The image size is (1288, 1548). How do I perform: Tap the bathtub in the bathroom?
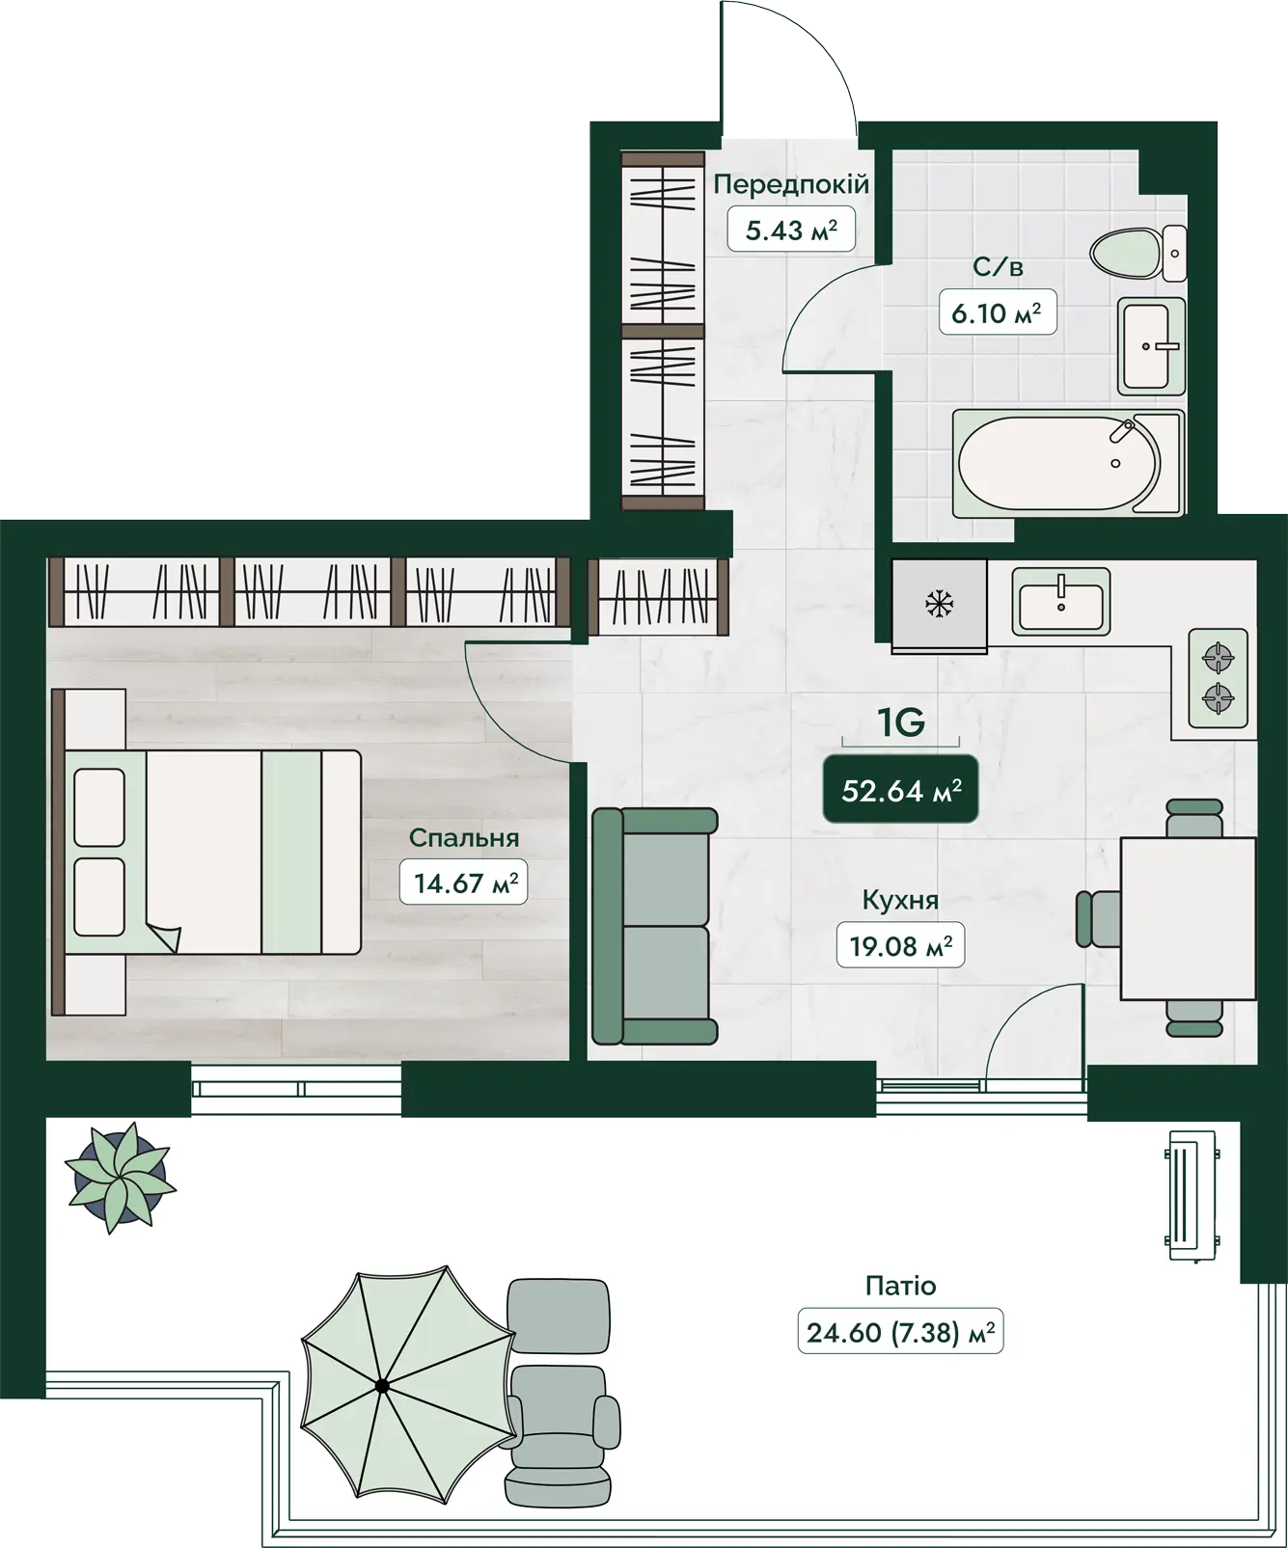(1068, 463)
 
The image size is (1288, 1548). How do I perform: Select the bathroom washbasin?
(1151, 345)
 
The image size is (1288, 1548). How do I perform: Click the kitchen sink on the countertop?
(1061, 600)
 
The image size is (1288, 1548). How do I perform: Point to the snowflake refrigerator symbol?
(939, 605)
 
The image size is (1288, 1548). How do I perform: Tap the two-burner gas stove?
(1218, 678)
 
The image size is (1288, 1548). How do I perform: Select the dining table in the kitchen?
(1188, 918)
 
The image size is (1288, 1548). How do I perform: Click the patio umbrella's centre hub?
(382, 1386)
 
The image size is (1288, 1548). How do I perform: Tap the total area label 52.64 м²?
(901, 791)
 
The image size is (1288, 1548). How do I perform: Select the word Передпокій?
(791, 183)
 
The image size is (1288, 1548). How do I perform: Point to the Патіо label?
(900, 1286)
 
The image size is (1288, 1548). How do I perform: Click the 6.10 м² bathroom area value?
(997, 312)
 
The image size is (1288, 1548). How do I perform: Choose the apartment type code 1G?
(901, 721)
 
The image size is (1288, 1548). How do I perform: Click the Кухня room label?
(900, 900)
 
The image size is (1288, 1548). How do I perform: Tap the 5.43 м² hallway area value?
(791, 230)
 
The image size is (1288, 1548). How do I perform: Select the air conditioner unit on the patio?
(1192, 1196)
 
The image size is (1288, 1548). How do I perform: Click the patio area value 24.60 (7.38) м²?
(900, 1332)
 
